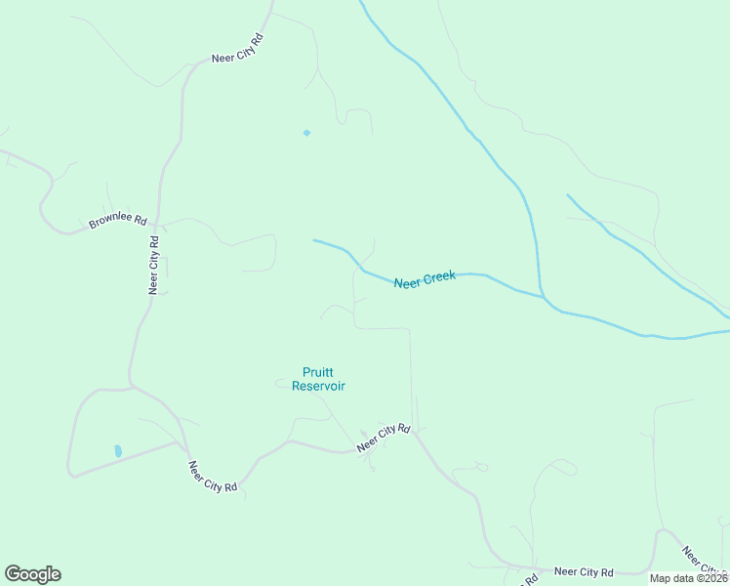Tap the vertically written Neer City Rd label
pos(153,265)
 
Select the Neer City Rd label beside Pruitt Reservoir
pos(385,437)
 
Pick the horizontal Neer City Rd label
pos(583,572)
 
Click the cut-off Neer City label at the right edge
pos(703,561)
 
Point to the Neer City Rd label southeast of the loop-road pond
pos(213,476)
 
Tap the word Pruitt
pos(318,371)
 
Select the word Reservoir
pos(318,386)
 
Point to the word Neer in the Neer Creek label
pos(407,283)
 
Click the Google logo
pos(32,574)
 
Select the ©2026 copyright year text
pos(711,578)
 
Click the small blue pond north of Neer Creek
pos(306,133)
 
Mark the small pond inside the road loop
pos(118,451)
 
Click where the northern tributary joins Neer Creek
pos(542,295)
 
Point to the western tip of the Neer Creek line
pos(313,239)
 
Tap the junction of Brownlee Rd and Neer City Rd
pos(158,223)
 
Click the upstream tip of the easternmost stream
pos(567,194)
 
